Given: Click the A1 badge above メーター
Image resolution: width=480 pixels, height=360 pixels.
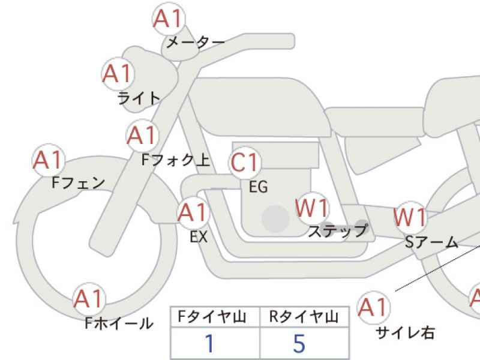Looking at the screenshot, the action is coord(169,19).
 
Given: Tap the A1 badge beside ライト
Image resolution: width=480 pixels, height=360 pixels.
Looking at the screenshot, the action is coord(118,74).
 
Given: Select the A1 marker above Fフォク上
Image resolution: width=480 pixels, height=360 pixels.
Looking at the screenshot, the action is coord(143,136).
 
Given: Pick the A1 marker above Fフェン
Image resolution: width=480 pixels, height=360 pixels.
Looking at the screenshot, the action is coord(49,160).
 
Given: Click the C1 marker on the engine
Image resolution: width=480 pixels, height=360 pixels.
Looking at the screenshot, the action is coord(245,162).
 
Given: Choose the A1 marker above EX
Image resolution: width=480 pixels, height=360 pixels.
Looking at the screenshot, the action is coord(193,212).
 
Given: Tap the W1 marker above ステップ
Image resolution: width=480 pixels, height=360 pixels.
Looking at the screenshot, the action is coord(312,208).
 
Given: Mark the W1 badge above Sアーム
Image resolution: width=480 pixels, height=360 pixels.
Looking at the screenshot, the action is coord(410,217).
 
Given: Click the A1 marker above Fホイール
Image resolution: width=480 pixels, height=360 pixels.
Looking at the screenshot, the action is coord(89,299).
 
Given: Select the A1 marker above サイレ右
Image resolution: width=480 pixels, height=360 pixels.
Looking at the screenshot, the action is coord(374,307).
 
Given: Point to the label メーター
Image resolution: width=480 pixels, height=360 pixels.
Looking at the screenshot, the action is coord(196,42).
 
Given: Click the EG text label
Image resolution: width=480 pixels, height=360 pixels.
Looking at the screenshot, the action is coord(259,187).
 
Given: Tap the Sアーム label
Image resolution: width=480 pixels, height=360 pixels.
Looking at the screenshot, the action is coord(431,242).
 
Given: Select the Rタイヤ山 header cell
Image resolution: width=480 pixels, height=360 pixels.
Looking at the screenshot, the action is coord(304,317).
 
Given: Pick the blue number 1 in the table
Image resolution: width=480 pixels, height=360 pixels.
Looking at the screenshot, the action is coord(209,343).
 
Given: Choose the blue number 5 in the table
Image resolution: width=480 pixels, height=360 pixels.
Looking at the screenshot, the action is coord(299,343).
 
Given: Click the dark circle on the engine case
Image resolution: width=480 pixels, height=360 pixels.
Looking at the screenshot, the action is coord(276,218).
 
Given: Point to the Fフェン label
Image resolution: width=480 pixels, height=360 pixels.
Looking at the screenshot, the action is coord(79,183).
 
